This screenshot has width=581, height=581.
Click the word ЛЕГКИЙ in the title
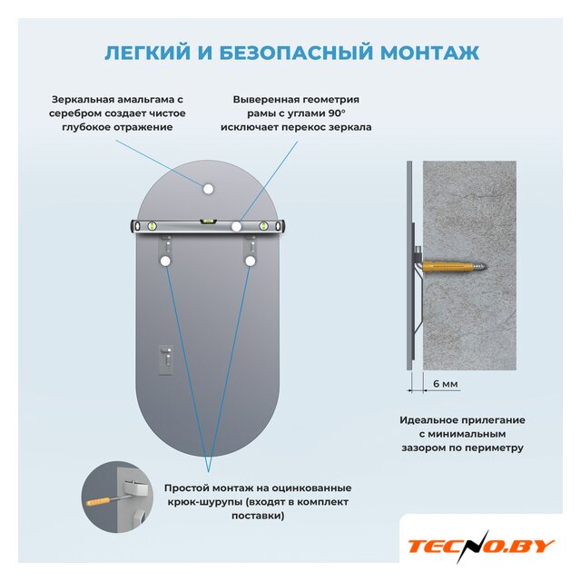point(147,53)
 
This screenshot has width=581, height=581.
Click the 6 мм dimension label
point(446,384)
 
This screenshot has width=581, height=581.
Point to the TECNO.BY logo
point(480,547)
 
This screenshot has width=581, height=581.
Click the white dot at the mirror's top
point(208,189)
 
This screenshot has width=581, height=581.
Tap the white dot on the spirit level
point(236,226)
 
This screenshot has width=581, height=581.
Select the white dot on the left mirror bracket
point(165,261)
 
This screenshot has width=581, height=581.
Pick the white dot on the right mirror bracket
point(251,261)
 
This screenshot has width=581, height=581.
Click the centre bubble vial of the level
point(208,222)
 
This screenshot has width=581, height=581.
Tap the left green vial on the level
point(152,226)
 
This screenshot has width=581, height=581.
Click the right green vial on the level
point(263,226)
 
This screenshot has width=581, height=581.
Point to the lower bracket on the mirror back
point(165,359)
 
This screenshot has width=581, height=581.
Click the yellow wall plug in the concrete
point(448,266)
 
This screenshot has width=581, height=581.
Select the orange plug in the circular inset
point(98,502)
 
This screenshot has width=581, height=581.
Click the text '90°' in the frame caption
point(337,113)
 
